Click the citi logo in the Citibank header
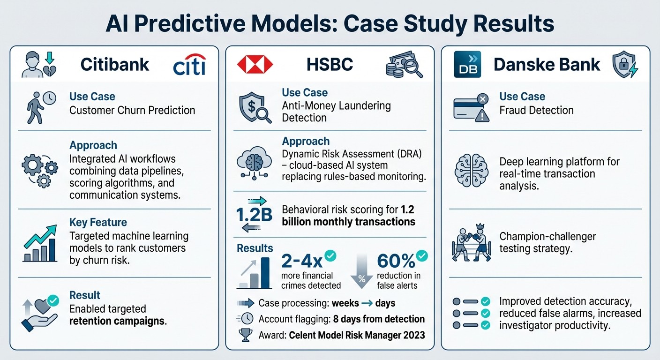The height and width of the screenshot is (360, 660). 189,66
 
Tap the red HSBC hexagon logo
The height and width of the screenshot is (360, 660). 255,65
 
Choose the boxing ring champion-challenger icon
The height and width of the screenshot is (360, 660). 470,242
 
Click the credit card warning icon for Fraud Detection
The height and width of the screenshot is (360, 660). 471,109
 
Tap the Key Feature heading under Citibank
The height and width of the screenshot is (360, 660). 98,222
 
